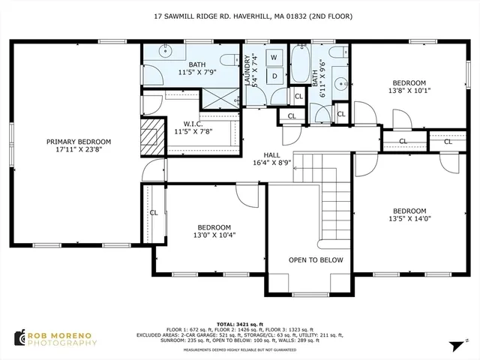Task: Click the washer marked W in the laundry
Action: [274, 57]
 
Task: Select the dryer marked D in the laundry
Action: [274, 75]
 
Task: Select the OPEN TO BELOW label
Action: [316, 260]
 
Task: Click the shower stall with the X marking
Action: [220, 96]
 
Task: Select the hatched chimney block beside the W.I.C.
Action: [153, 135]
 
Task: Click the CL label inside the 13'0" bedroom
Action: [153, 212]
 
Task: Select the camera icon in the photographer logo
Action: [19, 337]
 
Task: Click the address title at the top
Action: [239, 16]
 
